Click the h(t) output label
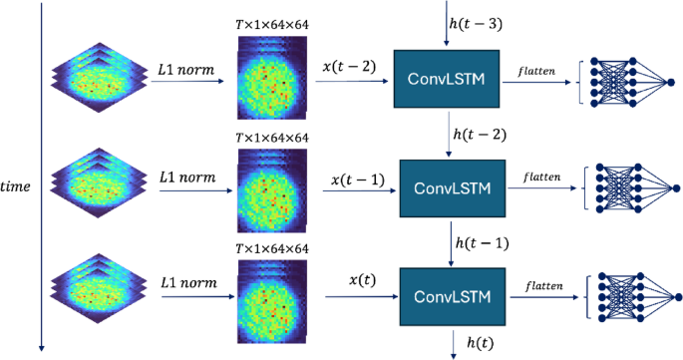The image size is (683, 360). tap(478, 343)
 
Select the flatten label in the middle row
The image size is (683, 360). tap(540, 176)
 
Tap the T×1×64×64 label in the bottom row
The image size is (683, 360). tap(272, 247)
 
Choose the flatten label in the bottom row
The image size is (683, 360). tap(540, 284)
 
